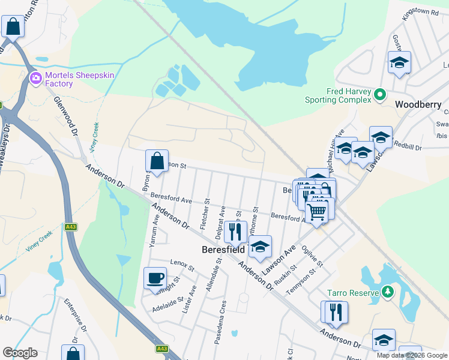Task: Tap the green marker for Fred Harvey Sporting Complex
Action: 379,95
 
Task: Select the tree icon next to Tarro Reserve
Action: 388,293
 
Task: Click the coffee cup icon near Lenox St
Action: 155,278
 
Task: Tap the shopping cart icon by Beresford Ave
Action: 316,211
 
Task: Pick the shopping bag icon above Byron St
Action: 157,161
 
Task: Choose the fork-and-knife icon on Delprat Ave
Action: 235,231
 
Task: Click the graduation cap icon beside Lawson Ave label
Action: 259,246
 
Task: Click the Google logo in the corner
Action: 20,353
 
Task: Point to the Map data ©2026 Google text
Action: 412,355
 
